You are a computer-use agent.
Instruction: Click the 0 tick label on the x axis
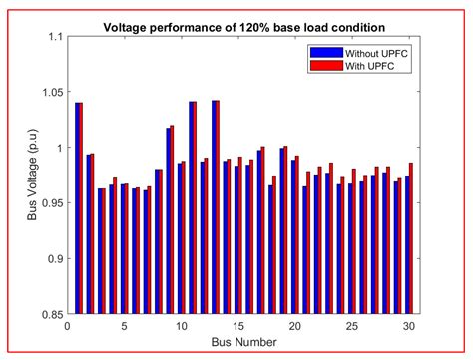(x=67, y=325)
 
